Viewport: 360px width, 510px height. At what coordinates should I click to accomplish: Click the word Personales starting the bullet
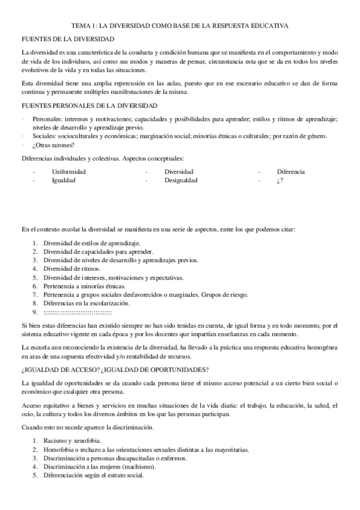[47, 119]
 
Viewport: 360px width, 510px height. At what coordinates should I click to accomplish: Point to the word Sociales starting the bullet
[44, 136]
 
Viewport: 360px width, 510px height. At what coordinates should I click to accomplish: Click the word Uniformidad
[69, 171]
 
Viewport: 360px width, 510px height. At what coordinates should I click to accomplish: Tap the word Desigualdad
[180, 180]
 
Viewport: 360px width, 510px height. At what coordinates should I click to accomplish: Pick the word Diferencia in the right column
[290, 171]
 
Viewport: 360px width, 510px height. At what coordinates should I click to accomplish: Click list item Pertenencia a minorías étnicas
[84, 286]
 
